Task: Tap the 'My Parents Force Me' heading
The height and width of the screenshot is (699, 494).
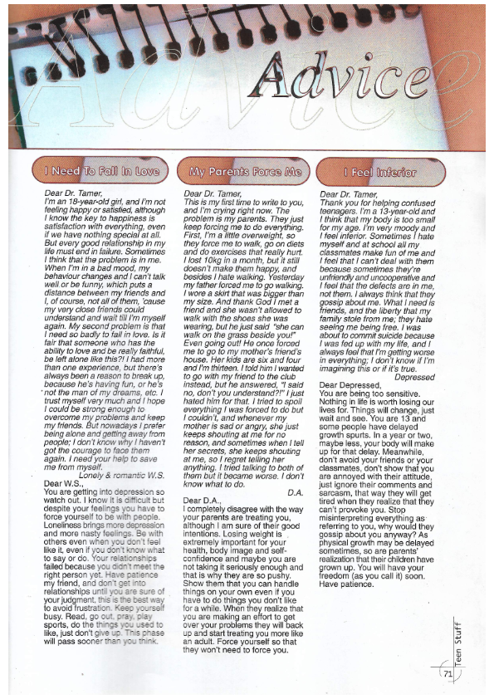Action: pos(242,172)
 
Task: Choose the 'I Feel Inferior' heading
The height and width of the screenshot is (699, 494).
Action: pos(380,173)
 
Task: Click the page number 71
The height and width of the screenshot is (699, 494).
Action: pos(448,674)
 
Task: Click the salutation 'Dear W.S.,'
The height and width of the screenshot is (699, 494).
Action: pos(64,483)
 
